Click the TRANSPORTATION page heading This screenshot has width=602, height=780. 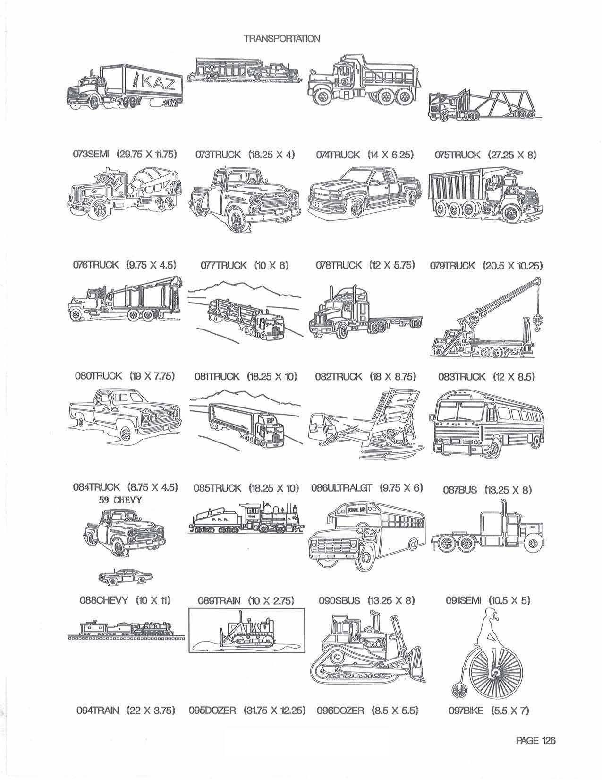282,38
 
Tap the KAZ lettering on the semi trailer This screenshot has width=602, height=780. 159,83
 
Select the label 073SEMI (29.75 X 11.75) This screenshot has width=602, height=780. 125,155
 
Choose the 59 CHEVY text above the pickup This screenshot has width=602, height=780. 120,500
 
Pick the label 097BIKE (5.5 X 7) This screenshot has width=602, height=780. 489,710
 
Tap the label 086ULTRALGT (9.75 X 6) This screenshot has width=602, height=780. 366,488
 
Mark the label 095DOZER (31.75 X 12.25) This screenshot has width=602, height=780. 246,710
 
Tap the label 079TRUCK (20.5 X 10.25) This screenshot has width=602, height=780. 486,266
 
